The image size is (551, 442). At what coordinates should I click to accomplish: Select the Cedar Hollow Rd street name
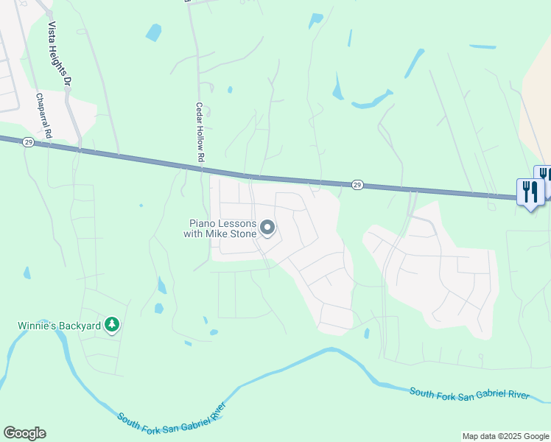[x=200, y=132]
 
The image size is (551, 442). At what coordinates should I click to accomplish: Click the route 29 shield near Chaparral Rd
[x=27, y=142]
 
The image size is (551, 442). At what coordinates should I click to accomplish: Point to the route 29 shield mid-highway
[x=357, y=184]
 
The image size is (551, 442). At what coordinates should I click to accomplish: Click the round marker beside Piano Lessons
[x=267, y=230]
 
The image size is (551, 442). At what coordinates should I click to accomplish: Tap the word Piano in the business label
[x=205, y=223]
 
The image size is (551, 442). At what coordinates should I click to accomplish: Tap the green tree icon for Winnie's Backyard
[x=112, y=325]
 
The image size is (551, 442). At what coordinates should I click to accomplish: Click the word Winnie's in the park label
[x=38, y=325]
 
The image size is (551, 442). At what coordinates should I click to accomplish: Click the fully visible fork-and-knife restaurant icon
[x=530, y=192]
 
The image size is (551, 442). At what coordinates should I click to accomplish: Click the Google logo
[x=24, y=433]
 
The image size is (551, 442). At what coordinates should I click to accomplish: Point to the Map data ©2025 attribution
[x=505, y=436]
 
